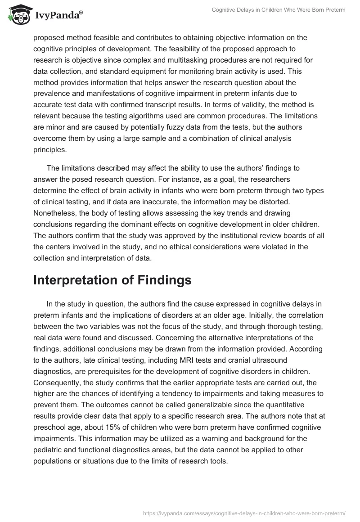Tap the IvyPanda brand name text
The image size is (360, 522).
58,15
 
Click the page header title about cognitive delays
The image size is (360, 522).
279,10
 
